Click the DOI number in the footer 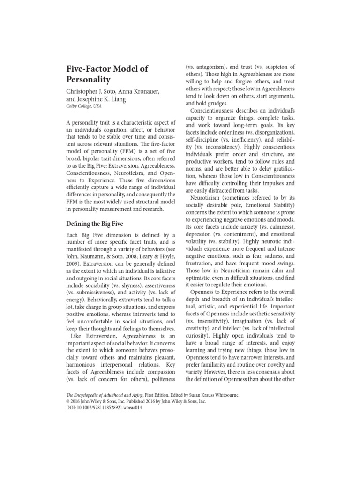tap(114, 408)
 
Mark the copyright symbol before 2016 tap(67, 401)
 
